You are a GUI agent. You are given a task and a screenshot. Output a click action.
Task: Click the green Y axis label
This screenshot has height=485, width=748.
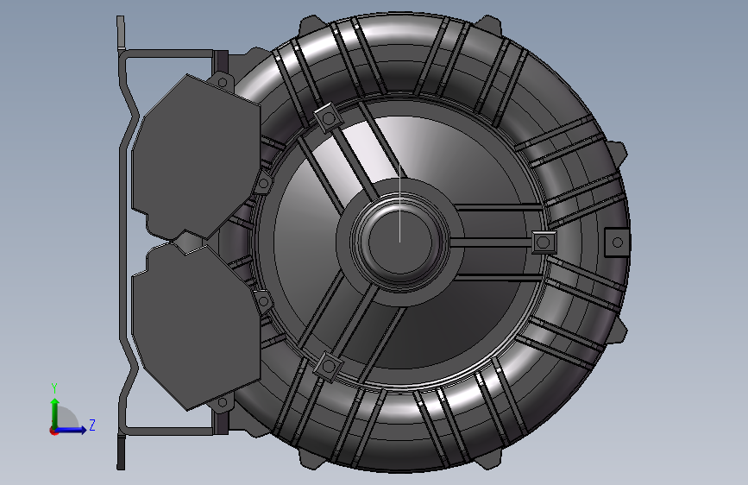pyautogui.click(x=54, y=388)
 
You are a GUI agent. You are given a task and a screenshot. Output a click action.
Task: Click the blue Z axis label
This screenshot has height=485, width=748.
pyautogui.click(x=92, y=425)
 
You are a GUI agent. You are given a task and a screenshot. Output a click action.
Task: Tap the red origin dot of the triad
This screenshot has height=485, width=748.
pyautogui.click(x=53, y=431)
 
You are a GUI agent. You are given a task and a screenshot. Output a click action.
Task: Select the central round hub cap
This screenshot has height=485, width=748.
pyautogui.click(x=399, y=242)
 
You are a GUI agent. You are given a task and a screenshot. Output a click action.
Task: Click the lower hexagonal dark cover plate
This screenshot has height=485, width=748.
pyautogui.click(x=197, y=327)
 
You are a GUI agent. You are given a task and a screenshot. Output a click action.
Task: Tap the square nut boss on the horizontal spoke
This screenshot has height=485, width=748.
pyautogui.click(x=544, y=243)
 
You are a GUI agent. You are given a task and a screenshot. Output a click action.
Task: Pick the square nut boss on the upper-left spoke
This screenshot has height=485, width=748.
pyautogui.click(x=328, y=117)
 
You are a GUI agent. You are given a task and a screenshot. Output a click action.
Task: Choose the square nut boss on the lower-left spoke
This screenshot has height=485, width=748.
pyautogui.click(x=328, y=367)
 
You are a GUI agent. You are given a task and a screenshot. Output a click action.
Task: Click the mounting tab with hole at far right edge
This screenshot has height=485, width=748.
pyautogui.click(x=617, y=243)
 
